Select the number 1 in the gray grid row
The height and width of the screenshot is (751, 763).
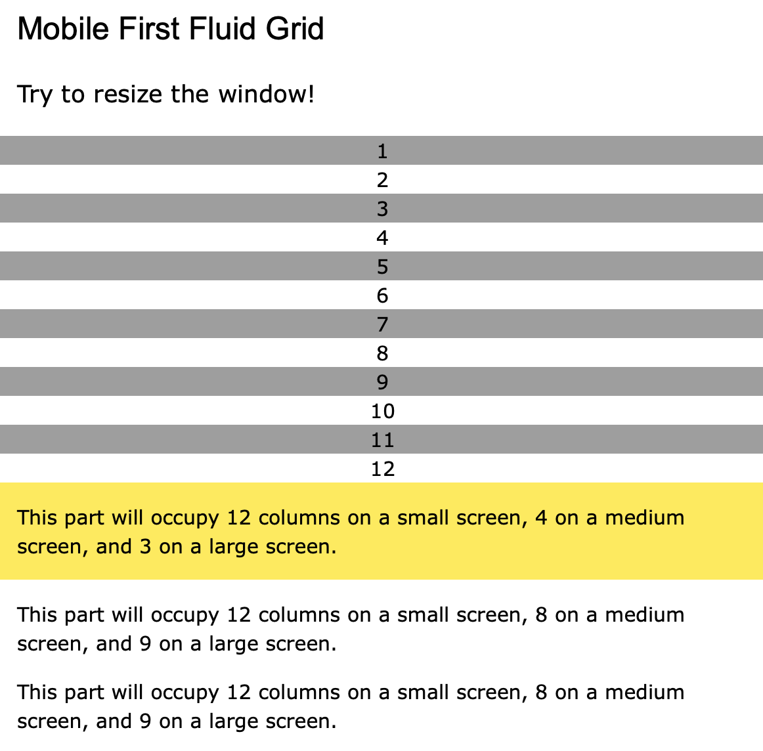382,152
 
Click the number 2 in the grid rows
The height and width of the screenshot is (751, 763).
382,181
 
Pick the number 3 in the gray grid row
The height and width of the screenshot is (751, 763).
382,209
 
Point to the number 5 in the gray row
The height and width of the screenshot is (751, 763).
382,267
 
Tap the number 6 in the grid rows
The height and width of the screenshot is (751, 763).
382,296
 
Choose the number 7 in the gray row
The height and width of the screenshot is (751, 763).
382,325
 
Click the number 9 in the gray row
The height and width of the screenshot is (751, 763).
382,383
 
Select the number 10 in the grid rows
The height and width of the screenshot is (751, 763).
382,412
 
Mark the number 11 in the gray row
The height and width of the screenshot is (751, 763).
382,440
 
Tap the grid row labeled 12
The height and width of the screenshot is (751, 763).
382,469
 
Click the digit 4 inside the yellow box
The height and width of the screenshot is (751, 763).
541,518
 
